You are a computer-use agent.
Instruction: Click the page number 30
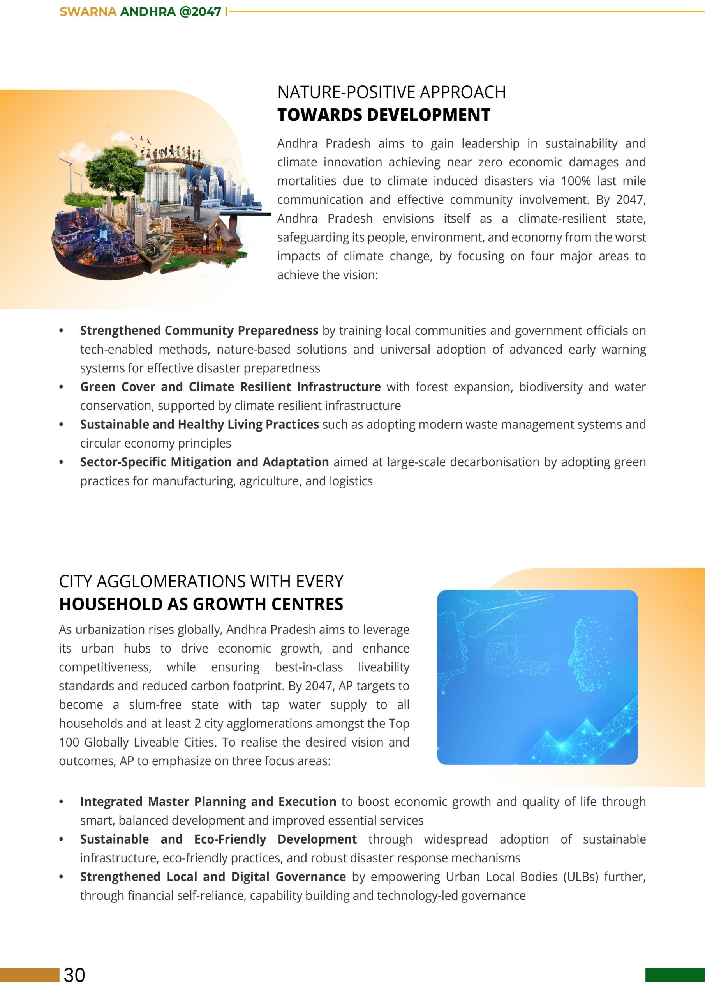click(74, 975)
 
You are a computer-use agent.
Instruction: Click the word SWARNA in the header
click(88, 12)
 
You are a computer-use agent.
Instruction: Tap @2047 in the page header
click(200, 12)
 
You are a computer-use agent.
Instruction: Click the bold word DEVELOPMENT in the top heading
click(429, 115)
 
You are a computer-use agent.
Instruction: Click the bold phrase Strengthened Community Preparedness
click(199, 331)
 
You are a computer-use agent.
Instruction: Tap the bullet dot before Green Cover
click(61, 387)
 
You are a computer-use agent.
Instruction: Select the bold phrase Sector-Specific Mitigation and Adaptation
click(204, 462)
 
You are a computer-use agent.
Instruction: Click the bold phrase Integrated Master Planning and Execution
click(208, 802)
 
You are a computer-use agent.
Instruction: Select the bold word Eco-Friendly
click(230, 839)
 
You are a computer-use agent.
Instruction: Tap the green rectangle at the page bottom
click(675, 975)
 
